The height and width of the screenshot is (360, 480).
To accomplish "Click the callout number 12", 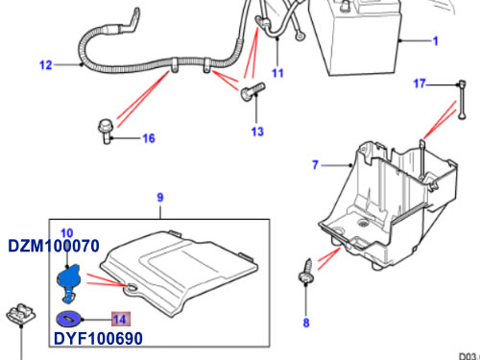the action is pyautogui.click(x=45, y=65).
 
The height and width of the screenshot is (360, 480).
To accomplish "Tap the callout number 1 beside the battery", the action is pyautogui.click(x=435, y=41).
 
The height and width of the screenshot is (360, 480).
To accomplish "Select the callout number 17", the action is pyautogui.click(x=420, y=84).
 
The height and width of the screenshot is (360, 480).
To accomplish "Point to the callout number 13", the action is pyautogui.click(x=257, y=132).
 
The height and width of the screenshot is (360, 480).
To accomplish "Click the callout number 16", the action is pyautogui.click(x=149, y=138).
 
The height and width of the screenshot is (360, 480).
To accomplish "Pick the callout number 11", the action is pyautogui.click(x=277, y=73).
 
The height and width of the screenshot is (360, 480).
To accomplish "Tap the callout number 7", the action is pyautogui.click(x=316, y=165).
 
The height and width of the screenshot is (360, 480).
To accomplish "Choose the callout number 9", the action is pyautogui.click(x=160, y=198).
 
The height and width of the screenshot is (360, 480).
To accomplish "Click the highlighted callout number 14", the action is pyautogui.click(x=121, y=319).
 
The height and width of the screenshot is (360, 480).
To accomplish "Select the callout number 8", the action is pyautogui.click(x=306, y=323).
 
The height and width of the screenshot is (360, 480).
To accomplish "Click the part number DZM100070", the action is pyautogui.click(x=54, y=246).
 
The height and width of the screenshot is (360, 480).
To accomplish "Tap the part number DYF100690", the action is pyautogui.click(x=98, y=339).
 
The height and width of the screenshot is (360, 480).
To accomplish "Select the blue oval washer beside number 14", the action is pyautogui.click(x=69, y=319).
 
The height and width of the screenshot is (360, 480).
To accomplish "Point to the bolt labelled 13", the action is pyautogui.click(x=252, y=91).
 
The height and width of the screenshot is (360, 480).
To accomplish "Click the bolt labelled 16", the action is pyautogui.click(x=106, y=132).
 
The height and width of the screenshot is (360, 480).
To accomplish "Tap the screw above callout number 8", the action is pyautogui.click(x=305, y=272).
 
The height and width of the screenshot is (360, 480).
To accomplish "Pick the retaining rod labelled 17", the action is pyautogui.click(x=462, y=100).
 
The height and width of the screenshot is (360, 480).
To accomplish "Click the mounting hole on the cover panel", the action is pyautogui.click(x=131, y=288).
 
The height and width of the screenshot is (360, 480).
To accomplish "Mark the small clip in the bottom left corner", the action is pyautogui.click(x=21, y=315).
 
